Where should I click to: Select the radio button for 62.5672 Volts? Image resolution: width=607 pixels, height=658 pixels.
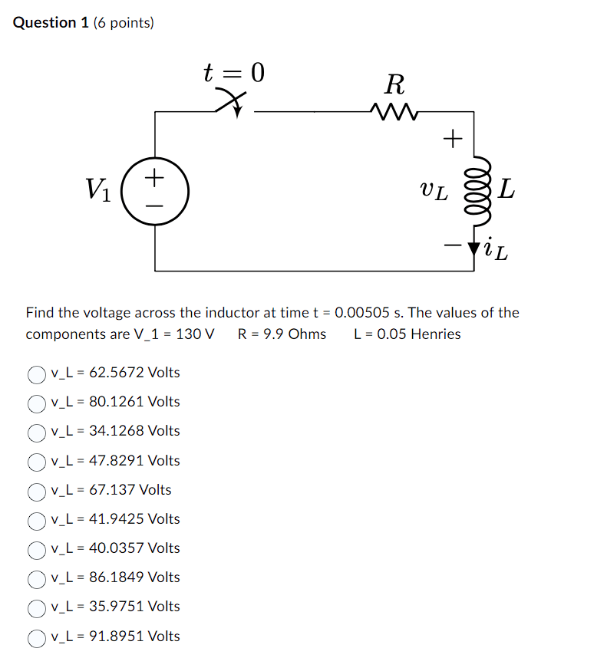click(38, 373)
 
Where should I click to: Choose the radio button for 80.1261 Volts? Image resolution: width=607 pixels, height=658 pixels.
click(38, 403)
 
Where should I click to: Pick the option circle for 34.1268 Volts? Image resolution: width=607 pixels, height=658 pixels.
click(38, 432)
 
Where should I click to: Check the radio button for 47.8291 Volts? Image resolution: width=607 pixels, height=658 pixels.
click(38, 462)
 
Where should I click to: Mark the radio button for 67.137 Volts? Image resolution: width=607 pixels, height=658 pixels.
click(38, 491)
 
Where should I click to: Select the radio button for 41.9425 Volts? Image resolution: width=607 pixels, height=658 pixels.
click(38, 520)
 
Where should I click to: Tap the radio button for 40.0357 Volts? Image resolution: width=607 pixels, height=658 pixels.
click(38, 549)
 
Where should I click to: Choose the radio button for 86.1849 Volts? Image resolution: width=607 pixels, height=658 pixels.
click(38, 578)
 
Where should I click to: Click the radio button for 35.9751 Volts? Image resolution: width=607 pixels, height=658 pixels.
click(38, 607)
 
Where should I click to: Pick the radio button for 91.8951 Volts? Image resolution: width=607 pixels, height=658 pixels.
click(38, 637)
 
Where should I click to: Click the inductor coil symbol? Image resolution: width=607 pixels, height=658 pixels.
click(474, 192)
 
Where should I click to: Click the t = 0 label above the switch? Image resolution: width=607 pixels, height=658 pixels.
click(233, 73)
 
